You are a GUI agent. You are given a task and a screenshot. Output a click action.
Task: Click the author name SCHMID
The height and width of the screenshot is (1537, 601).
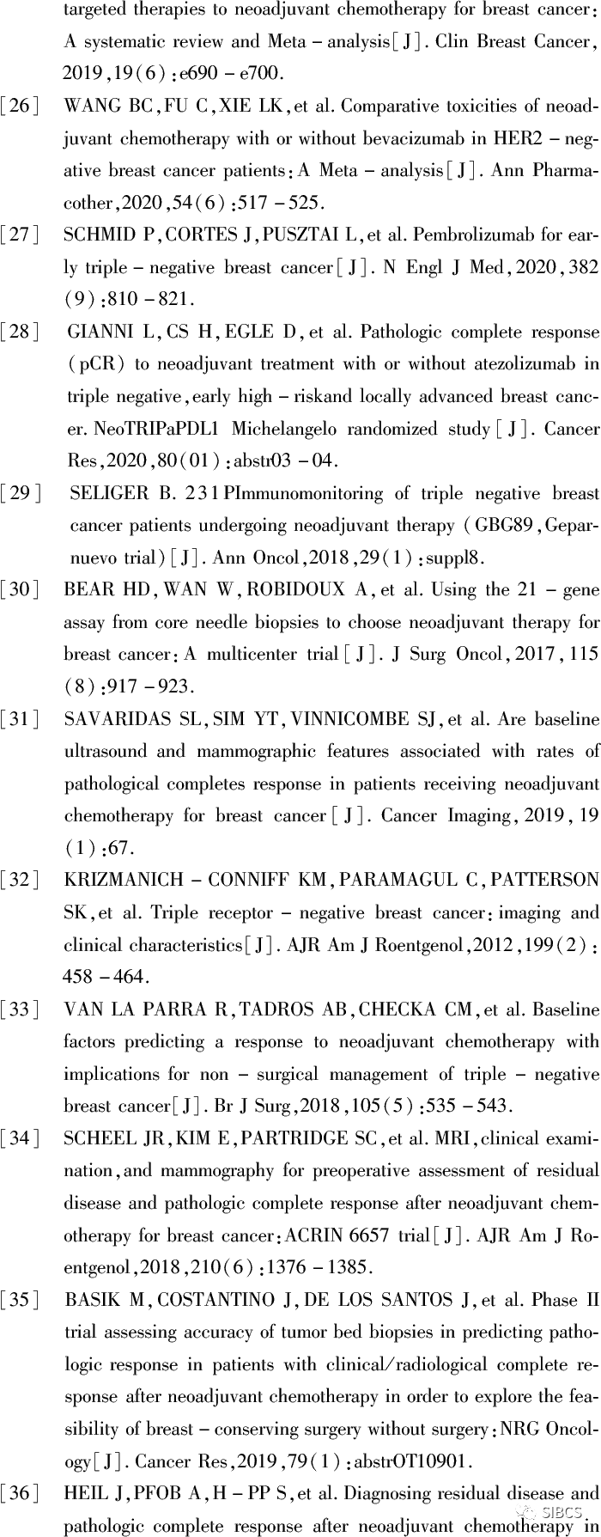pyautogui.click(x=97, y=236)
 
